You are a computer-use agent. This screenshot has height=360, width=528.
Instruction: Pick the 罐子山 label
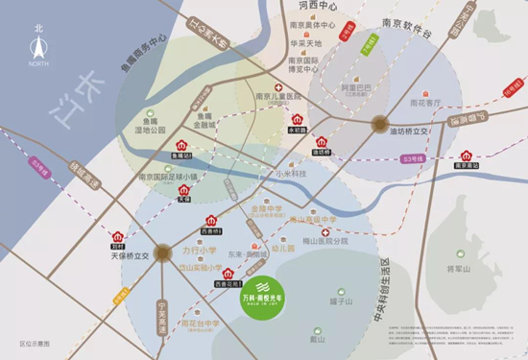coord(340,302)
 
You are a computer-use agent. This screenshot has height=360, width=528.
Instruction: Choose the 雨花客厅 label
coord(425,102)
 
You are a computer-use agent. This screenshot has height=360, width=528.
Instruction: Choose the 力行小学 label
coord(198,251)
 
